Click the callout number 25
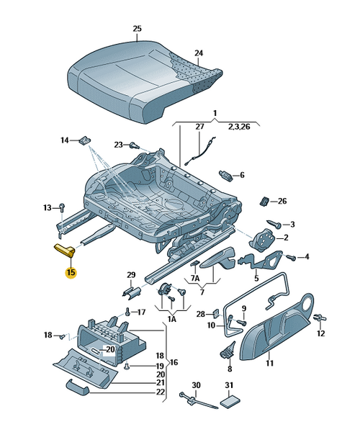point(137,29)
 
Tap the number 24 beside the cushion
point(199,53)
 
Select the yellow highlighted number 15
point(71,272)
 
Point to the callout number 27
point(200,127)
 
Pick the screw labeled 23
point(133,145)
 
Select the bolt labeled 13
point(63,208)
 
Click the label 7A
point(194,278)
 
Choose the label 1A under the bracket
point(171,318)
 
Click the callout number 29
point(131,275)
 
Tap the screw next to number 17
point(127,312)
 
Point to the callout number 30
point(196,386)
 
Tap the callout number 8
point(230,369)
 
